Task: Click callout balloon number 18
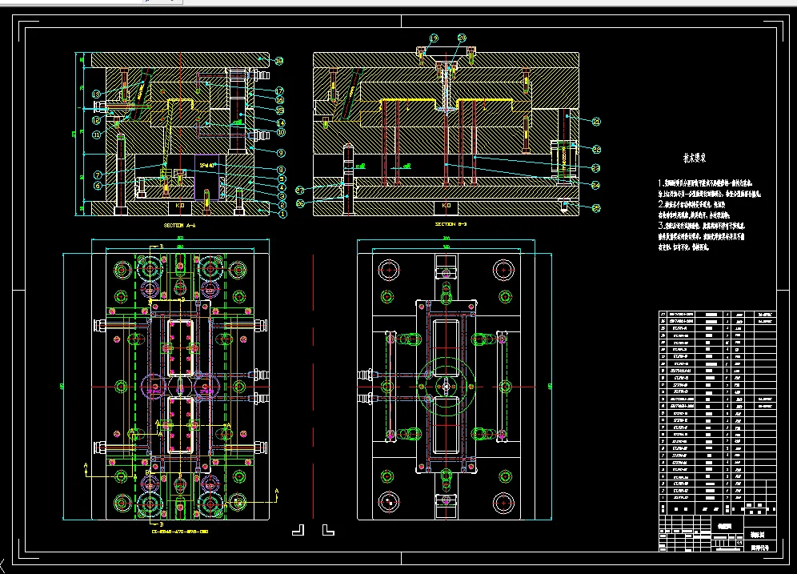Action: (278, 61)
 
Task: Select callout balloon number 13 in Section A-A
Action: (97, 94)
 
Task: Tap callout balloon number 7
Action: (97, 175)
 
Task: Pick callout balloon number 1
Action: (282, 212)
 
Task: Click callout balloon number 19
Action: (434, 38)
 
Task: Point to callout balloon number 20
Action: (462, 38)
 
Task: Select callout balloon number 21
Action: (596, 122)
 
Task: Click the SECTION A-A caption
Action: (179, 225)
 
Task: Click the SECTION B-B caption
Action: (451, 225)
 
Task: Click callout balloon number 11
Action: (97, 134)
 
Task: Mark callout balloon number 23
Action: (596, 167)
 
